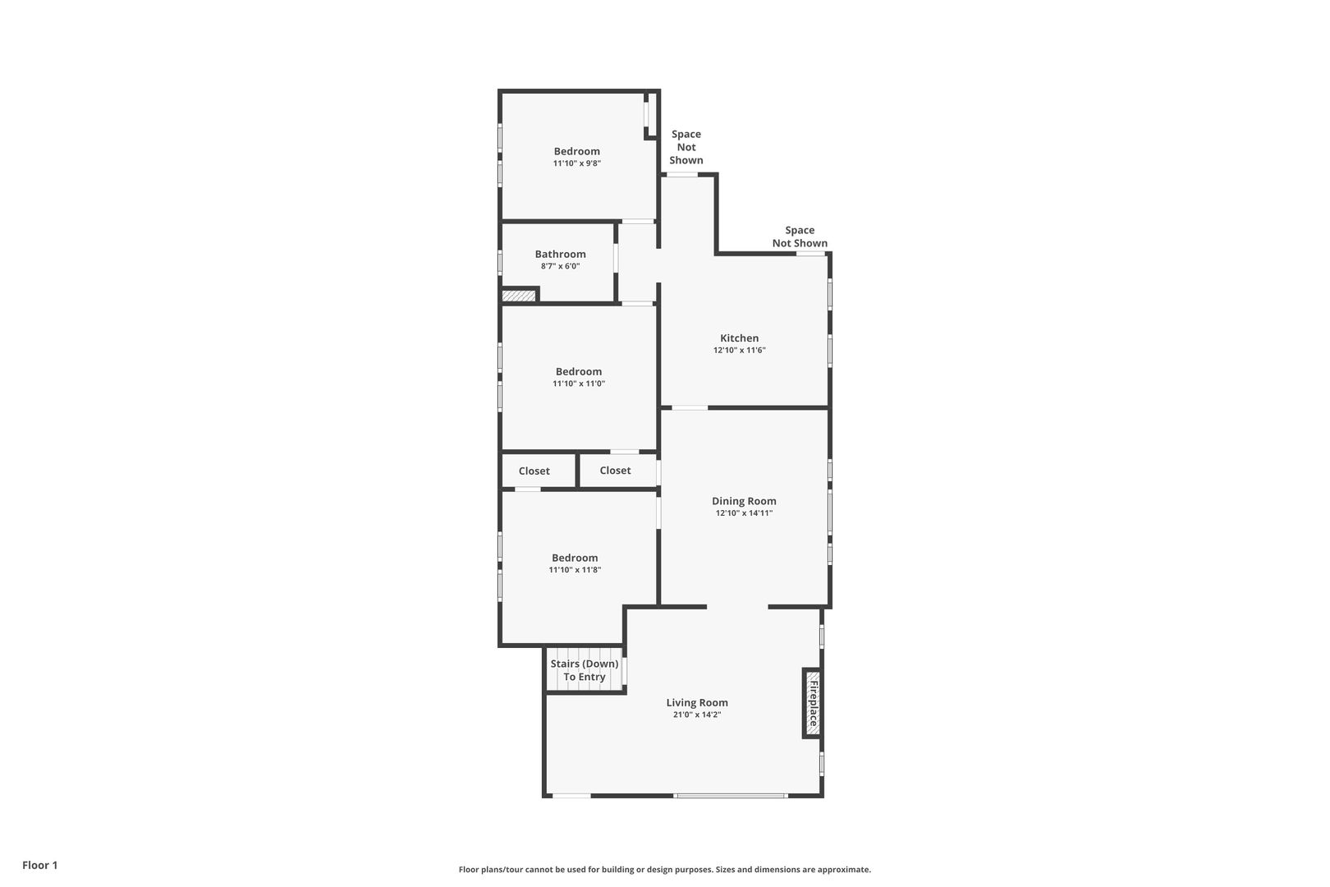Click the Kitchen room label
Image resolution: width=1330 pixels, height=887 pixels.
739,338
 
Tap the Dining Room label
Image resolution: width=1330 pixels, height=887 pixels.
744,501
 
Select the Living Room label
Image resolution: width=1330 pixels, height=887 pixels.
697,702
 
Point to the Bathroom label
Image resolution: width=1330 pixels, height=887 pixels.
560,254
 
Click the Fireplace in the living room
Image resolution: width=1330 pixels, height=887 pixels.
812,703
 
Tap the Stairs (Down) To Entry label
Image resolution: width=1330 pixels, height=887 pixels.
585,669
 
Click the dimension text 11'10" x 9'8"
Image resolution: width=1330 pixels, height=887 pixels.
576,163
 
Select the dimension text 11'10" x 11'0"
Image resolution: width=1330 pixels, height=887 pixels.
578,384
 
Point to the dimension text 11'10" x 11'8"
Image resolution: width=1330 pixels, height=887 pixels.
575,570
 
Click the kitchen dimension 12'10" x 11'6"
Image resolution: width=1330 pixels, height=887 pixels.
739,351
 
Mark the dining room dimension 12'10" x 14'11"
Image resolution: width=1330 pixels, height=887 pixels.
744,513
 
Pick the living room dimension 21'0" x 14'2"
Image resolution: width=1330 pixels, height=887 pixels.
697,715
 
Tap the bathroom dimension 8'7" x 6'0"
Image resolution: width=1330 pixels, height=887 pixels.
560,266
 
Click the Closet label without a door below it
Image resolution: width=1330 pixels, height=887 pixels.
615,470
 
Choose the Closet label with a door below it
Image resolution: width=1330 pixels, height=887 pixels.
534,471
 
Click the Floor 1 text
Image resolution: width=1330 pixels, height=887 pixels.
39,865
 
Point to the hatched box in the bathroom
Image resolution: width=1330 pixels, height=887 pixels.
518,296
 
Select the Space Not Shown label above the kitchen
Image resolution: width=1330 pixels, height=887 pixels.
800,237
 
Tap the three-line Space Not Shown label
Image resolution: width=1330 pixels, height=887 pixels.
686,147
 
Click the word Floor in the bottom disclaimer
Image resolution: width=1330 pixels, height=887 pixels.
469,869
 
